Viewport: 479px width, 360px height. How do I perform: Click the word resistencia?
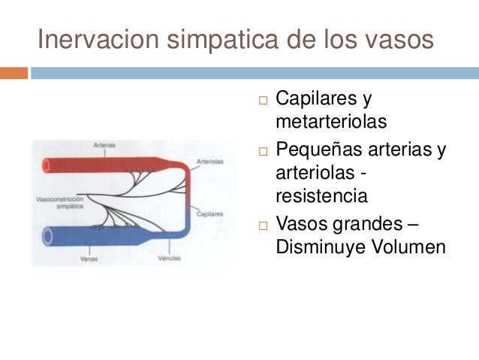click(321, 196)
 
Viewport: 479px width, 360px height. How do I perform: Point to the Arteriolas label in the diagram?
click(209, 161)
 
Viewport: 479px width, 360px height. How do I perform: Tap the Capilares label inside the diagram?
click(209, 214)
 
